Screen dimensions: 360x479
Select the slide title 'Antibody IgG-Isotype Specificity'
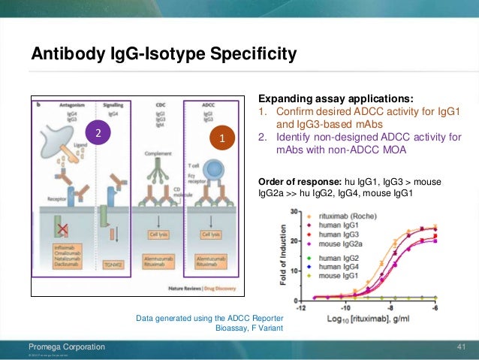(163, 55)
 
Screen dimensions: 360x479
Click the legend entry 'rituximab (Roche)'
(344, 215)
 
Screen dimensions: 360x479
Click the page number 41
(462, 346)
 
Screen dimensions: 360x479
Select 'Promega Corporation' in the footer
(67, 346)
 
